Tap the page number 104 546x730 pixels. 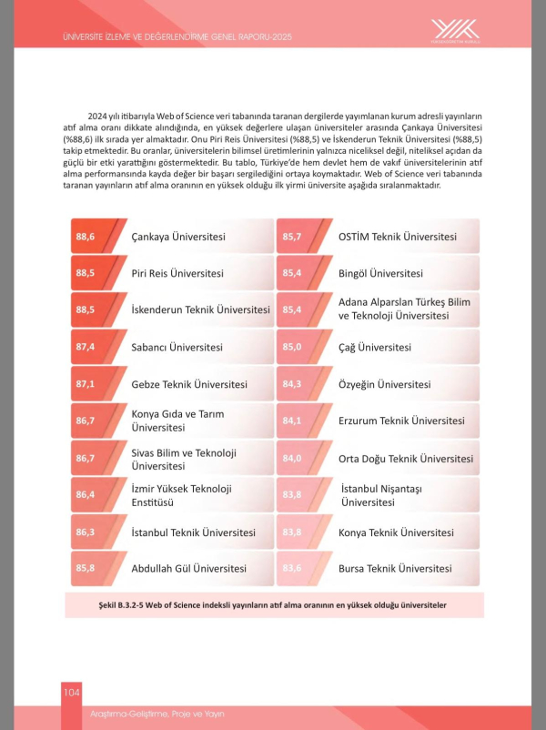tap(72, 694)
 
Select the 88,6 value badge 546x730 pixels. tap(86, 237)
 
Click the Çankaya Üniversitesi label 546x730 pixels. tap(178, 237)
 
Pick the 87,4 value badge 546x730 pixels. tap(86, 347)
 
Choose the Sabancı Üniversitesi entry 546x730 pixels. tap(177, 347)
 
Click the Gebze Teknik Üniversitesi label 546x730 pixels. tap(189, 384)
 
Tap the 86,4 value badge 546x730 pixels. tap(86, 494)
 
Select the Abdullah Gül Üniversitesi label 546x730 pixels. tap(189, 568)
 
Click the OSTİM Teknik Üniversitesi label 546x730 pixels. tap(398, 237)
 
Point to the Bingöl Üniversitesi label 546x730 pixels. tap(380, 273)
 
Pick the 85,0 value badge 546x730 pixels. tap(292, 347)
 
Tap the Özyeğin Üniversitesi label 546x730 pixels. tap(384, 384)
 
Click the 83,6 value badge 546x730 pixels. tap(292, 568)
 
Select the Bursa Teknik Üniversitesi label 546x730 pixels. tap(395, 568)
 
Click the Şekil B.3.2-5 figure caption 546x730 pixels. tap(272, 605)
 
